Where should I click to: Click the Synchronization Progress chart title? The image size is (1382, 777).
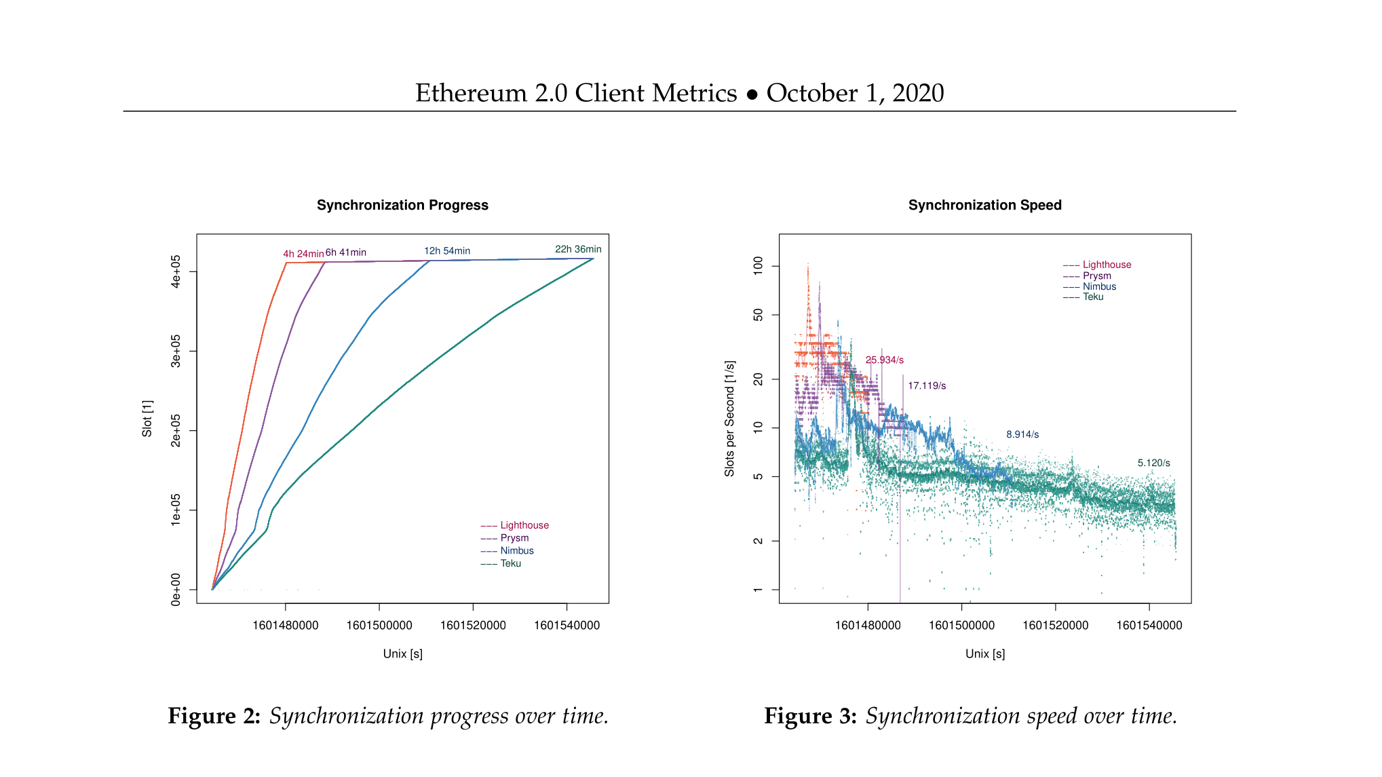tap(402, 205)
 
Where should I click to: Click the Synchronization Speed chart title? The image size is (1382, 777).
tap(984, 205)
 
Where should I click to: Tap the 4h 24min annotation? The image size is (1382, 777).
tap(303, 254)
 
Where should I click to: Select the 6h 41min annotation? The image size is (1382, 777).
tap(346, 252)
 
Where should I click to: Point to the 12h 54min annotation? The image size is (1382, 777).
tap(447, 251)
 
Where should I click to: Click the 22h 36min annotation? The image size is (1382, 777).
tap(578, 249)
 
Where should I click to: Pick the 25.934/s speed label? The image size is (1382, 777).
tap(885, 360)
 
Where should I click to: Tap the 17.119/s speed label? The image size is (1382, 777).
tap(927, 385)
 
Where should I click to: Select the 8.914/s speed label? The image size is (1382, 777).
tap(1022, 434)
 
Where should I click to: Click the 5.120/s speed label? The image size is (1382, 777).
tap(1153, 463)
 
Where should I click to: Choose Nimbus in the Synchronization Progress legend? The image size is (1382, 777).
tap(517, 550)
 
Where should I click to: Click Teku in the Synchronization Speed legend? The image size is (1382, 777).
tap(1093, 297)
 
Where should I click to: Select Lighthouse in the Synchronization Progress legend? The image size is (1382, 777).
tap(524, 525)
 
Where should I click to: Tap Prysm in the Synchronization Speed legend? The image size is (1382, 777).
tap(1097, 276)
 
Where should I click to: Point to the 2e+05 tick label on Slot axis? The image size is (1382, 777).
tap(176, 430)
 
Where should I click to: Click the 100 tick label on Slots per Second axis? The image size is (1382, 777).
tap(758, 265)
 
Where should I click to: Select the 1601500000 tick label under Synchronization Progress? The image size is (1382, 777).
tap(379, 625)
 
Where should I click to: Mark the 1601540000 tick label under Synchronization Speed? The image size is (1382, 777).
tap(1149, 625)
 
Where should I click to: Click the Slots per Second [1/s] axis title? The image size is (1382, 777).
tap(729, 418)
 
